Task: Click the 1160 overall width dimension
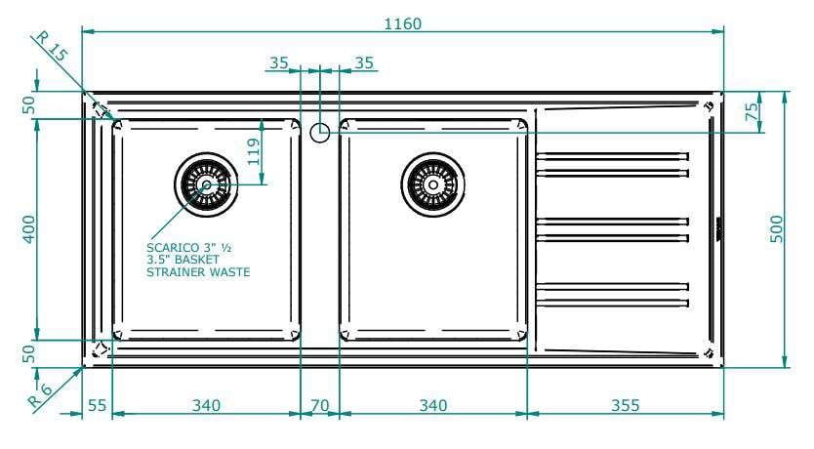pos(402,23)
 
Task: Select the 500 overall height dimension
pos(778,229)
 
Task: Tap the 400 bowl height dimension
pos(28,229)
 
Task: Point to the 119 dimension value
pos(253,151)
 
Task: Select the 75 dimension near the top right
pos(752,111)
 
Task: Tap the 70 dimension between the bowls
pos(319,404)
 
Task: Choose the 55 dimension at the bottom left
pos(97,404)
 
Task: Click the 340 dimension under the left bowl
pos(206,404)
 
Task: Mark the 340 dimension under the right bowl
pos(432,404)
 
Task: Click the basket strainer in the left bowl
pos(205,182)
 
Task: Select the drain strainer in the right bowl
pos(429,182)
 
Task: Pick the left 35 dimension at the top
pos(279,63)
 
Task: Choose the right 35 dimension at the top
pos(363,63)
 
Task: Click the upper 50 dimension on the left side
pos(28,105)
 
